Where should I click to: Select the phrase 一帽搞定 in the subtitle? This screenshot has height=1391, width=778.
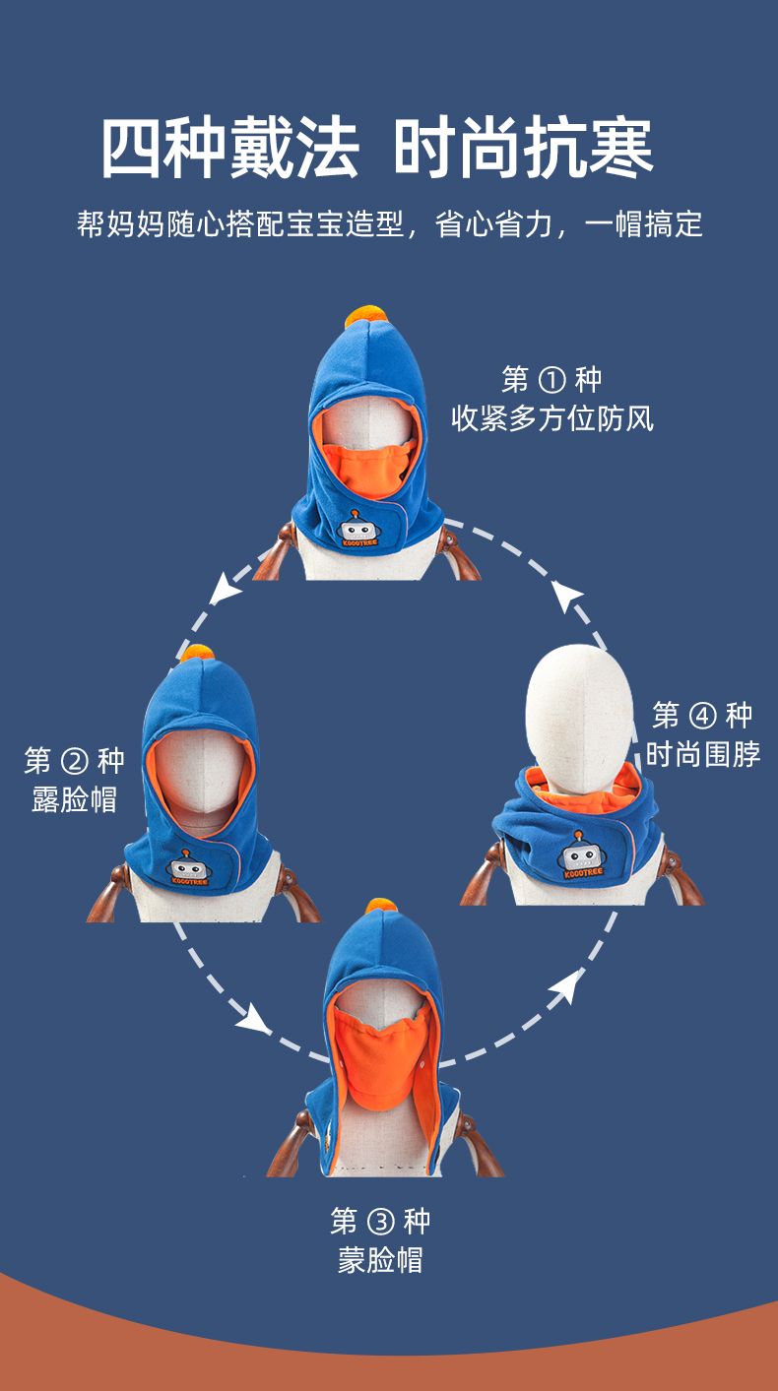[x=644, y=224]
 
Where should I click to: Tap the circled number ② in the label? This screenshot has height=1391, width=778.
[x=74, y=761]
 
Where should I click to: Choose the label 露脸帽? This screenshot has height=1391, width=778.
[x=74, y=799]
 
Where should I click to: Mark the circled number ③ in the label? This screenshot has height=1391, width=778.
[x=380, y=1223]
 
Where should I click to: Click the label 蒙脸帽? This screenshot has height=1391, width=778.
[x=380, y=1261]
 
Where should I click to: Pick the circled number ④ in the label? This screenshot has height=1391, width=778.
[x=702, y=716]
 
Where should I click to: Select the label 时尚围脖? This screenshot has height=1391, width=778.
[x=702, y=755]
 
